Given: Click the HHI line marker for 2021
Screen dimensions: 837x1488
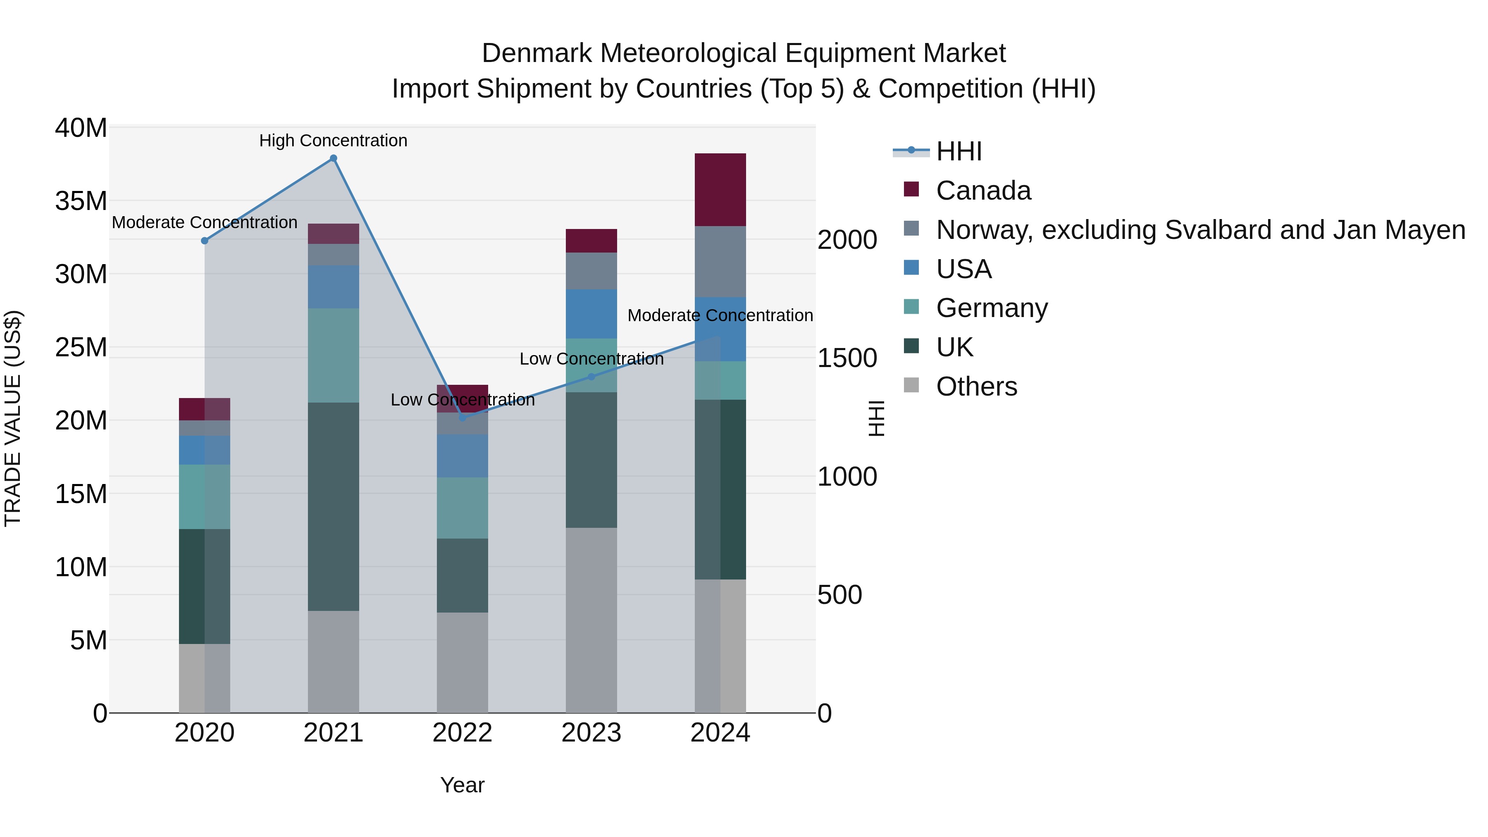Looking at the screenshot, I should point(333,158).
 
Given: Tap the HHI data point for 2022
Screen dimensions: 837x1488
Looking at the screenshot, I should point(462,417).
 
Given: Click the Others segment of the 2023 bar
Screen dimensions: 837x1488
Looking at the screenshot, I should point(591,620).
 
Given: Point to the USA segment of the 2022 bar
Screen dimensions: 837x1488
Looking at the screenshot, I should point(462,456).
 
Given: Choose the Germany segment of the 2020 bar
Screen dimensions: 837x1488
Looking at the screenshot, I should point(205,497).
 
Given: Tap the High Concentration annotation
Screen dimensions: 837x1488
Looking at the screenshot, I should point(333,141).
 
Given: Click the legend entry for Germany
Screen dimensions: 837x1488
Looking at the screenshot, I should point(991,308).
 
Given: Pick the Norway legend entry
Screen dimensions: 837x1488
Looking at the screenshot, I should point(1200,230).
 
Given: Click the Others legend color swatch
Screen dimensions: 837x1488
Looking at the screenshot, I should point(911,385).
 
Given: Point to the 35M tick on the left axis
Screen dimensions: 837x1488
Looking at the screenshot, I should point(81,201).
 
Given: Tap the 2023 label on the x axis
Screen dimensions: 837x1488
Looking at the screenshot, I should point(591,733).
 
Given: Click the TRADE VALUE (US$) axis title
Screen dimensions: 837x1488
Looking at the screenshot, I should point(13,418).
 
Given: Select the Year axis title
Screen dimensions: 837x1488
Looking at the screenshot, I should point(462,785).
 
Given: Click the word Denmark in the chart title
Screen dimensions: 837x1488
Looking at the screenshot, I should point(537,53).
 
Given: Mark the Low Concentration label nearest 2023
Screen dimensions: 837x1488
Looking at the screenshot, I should point(591,359).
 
